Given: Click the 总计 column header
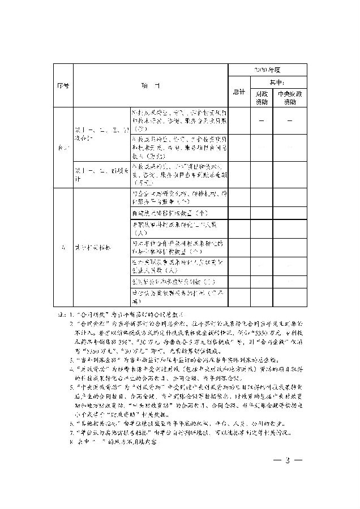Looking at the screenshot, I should coord(239,92).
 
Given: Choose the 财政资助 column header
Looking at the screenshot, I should coord(261,97).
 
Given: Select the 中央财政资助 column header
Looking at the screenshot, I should coord(289,97).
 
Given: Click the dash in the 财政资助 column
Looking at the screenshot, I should coord(261,120).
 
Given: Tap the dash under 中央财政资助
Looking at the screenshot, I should coord(289,120).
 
